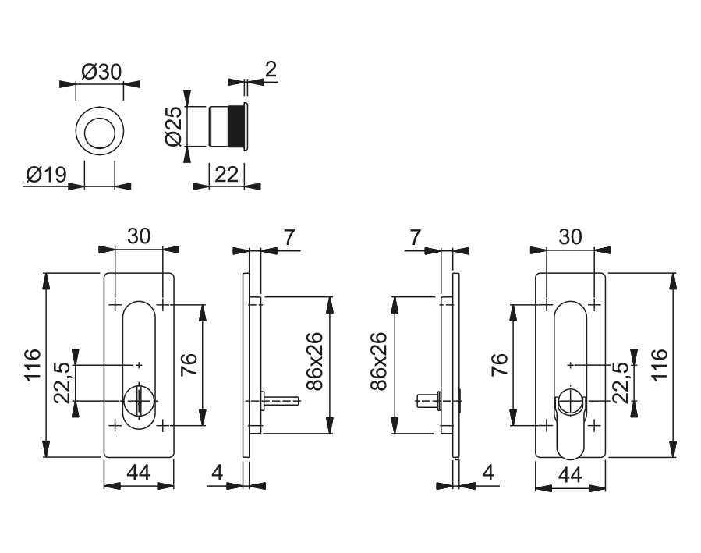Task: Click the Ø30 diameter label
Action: click(101, 72)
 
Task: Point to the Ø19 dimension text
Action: click(44, 175)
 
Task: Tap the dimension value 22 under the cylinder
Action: click(226, 175)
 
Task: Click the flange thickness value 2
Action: click(270, 70)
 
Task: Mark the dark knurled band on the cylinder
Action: click(233, 126)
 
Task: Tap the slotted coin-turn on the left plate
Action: click(139, 400)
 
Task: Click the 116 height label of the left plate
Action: click(34, 364)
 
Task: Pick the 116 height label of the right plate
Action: click(660, 364)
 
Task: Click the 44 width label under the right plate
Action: click(570, 474)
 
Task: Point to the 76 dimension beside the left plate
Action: click(189, 364)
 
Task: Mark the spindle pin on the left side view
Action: click(281, 402)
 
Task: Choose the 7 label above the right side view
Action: click(414, 237)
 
